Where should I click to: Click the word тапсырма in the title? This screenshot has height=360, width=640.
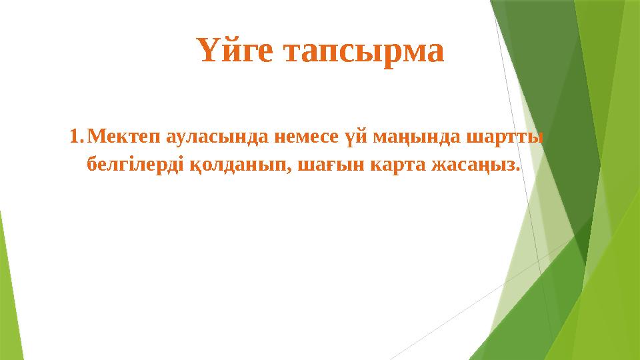363,52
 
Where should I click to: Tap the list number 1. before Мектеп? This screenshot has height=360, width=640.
76,137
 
